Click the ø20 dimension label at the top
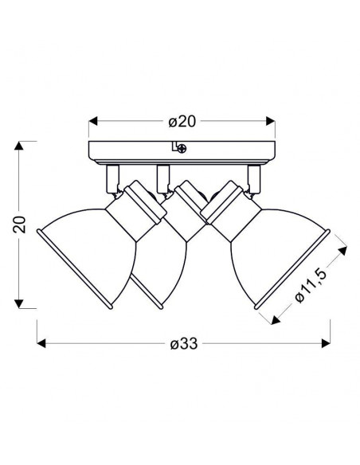click(182, 122)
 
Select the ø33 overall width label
click(184, 344)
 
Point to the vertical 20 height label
click(20, 225)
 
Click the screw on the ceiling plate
click(182, 147)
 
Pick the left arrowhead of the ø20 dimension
click(93, 121)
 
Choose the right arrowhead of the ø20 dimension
click(271, 121)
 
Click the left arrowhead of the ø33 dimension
click(41, 343)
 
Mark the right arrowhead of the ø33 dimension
click(327, 343)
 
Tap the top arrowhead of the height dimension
click(19, 145)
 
